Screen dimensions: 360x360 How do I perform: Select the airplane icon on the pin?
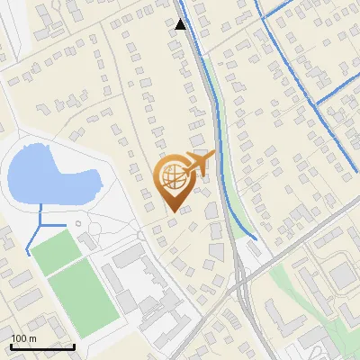[200, 163]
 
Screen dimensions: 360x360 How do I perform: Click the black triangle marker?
[181, 24]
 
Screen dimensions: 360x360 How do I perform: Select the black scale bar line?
[42, 346]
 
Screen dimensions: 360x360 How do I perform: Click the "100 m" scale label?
[23, 338]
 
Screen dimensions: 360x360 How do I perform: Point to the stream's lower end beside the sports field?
[29, 254]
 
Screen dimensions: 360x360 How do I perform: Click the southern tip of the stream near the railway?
[257, 239]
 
